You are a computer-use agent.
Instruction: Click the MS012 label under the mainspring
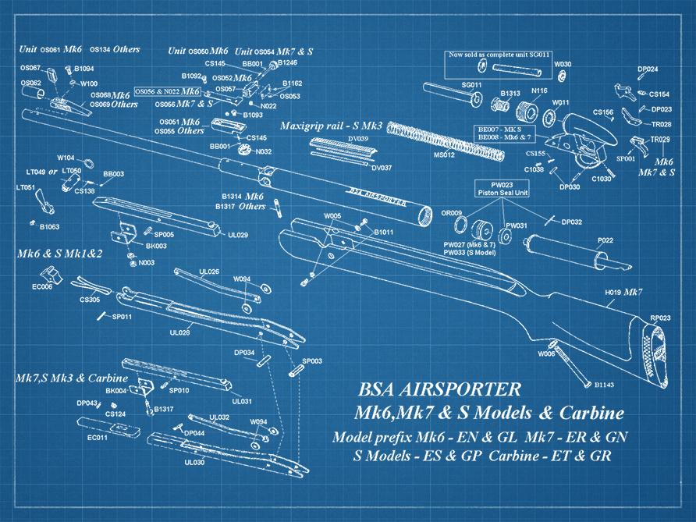(443, 154)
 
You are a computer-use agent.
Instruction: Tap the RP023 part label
(660, 318)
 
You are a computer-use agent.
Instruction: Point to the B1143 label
(605, 385)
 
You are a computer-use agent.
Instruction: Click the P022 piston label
(605, 240)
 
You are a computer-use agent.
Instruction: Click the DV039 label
(358, 139)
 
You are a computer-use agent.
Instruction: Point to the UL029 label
(238, 235)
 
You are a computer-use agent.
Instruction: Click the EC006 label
(42, 287)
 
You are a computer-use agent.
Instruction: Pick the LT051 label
(26, 187)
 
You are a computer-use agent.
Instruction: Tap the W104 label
(66, 156)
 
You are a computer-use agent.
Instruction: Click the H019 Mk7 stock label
(623, 292)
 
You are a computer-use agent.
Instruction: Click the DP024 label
(648, 69)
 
